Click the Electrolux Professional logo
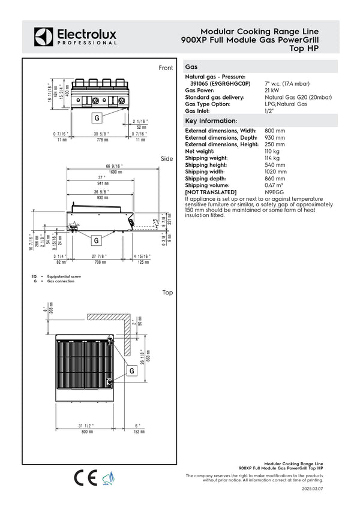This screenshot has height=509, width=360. click(74, 36)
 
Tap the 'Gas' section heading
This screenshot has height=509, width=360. click(192, 68)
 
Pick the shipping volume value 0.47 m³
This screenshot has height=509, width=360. click(277, 185)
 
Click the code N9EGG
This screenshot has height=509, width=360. click(276, 192)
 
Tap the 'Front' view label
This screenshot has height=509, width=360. click(166, 68)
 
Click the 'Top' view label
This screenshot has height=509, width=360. click(167, 293)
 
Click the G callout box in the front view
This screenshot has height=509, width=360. click(96, 118)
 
